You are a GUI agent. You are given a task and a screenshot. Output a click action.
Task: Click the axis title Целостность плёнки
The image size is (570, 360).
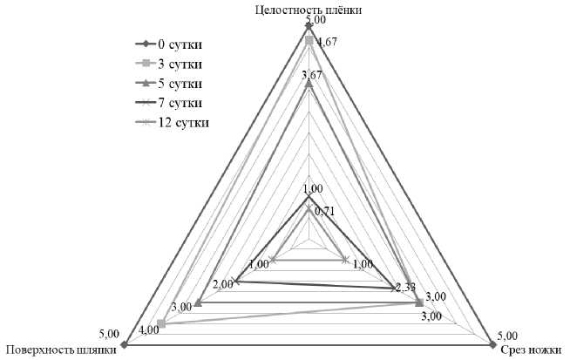pyautogui.click(x=309, y=10)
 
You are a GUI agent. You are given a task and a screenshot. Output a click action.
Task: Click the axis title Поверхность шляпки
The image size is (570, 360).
pyautogui.click(x=59, y=351)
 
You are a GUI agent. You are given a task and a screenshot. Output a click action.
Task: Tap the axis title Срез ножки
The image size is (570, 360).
pyautogui.click(x=531, y=351)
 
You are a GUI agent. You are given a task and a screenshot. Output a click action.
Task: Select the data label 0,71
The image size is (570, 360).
pyautogui.click(x=324, y=210)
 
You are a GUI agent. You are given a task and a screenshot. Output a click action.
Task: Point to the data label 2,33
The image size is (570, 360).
pyautogui.click(x=406, y=288)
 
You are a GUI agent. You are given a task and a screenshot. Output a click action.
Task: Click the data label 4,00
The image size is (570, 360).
pyautogui.click(x=148, y=329)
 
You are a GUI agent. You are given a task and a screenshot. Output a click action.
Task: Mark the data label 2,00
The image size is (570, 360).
pyautogui.click(x=222, y=284)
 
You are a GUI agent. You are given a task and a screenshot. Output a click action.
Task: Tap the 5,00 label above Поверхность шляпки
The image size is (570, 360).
pyautogui.click(x=109, y=333)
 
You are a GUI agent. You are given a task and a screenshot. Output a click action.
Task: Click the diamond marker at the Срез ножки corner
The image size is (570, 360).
pyautogui.click(x=493, y=346)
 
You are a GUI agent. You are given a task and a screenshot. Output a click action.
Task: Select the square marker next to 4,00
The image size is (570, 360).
pyautogui.click(x=161, y=324)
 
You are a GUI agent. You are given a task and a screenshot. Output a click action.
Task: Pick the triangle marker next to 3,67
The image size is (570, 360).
pyautogui.click(x=309, y=83)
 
